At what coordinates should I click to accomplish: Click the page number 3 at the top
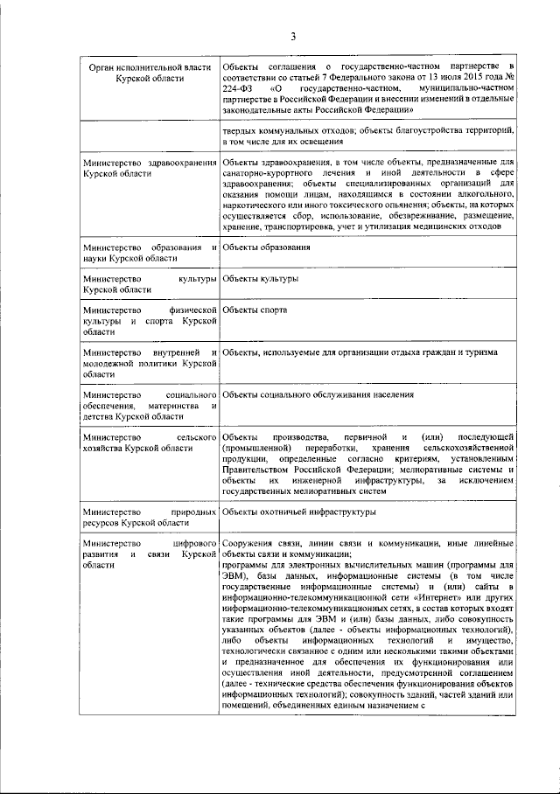click(294, 36)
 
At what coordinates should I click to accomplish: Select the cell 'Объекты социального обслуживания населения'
click(318, 395)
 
